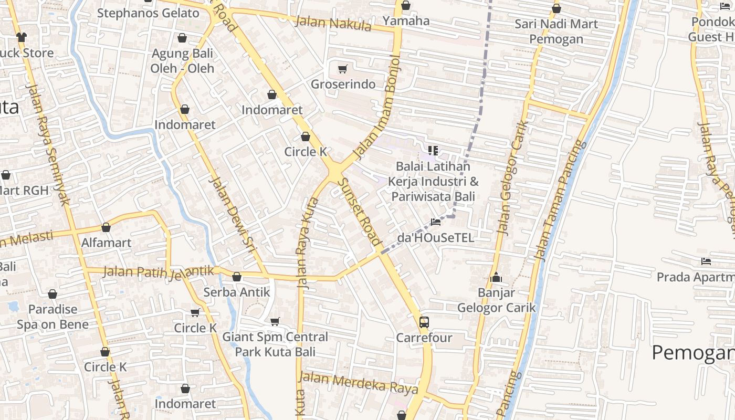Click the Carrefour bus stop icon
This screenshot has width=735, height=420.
coord(424,322)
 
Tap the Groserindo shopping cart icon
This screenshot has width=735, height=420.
coord(343,69)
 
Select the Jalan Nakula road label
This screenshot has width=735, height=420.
coord(333,24)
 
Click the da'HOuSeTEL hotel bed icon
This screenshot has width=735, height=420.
coord(435,222)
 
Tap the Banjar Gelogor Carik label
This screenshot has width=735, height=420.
coord(496,300)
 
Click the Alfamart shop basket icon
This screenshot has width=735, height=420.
coord(106,227)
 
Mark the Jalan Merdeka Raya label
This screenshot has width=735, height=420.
coord(358,382)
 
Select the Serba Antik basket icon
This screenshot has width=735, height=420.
coord(237,277)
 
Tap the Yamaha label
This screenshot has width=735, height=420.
coord(406,21)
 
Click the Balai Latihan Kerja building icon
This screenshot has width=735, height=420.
coord(433,151)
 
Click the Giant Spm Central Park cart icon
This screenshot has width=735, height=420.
coord(275,321)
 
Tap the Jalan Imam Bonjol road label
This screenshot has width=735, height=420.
coord(377,107)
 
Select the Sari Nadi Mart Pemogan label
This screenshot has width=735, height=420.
coord(556,31)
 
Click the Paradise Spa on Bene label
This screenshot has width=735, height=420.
coord(52,317)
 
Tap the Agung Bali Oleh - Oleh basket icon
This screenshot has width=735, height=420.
coord(182,38)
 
